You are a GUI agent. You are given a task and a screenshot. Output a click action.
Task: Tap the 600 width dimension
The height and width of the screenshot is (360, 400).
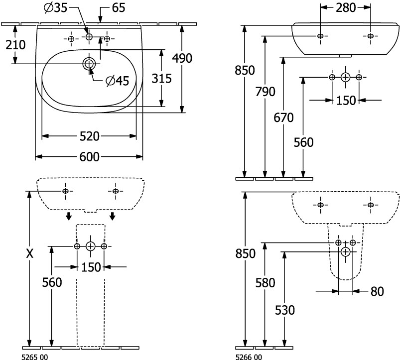pos(89,157)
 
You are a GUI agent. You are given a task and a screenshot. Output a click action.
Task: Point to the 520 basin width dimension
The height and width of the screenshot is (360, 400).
pos(89,136)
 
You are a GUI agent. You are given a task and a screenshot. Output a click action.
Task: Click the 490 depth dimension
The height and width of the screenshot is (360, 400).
pos(182,58)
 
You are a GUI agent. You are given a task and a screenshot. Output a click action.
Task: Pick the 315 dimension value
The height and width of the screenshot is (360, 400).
pos(161,78)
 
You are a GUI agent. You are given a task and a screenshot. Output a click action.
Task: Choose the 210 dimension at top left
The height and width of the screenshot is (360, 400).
pos(15,45)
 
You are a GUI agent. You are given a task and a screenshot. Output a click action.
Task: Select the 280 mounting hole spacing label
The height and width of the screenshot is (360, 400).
pos(345,8)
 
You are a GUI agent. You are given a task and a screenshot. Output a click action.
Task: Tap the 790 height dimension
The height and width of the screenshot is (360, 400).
pos(265,92)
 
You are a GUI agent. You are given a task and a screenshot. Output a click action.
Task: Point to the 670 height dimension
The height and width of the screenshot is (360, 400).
pos(284,118)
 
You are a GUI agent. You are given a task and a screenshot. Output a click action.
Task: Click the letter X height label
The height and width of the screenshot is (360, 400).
pos(29,254)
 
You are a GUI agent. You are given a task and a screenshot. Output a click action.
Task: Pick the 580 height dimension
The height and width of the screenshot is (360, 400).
pos(265,283)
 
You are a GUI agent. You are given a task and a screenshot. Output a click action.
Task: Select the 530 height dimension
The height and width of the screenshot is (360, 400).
pos(284,310)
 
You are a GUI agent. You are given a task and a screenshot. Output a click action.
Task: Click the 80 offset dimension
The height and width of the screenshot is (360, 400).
pos(378,291)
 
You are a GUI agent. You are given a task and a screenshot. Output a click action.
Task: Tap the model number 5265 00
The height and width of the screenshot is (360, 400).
pos(35,356)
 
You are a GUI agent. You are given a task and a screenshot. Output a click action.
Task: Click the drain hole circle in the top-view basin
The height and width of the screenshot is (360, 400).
pos(89,63)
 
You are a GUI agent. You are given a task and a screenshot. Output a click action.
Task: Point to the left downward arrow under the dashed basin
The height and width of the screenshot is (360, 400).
pos(69,216)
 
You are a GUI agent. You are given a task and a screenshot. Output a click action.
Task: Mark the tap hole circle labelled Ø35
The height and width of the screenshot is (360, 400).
pos(89,37)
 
